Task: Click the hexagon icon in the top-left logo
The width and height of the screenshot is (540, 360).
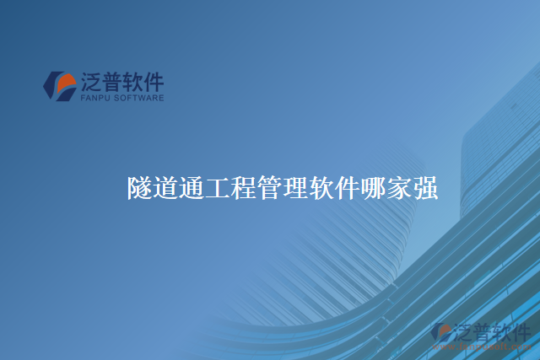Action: coord(59,86)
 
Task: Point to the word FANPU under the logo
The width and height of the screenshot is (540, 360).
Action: coord(96,98)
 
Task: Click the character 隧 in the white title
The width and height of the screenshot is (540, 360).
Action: coord(140,188)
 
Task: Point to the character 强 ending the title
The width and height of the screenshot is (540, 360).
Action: coord(425,188)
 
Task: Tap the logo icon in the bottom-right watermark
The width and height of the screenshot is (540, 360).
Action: coord(441,333)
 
